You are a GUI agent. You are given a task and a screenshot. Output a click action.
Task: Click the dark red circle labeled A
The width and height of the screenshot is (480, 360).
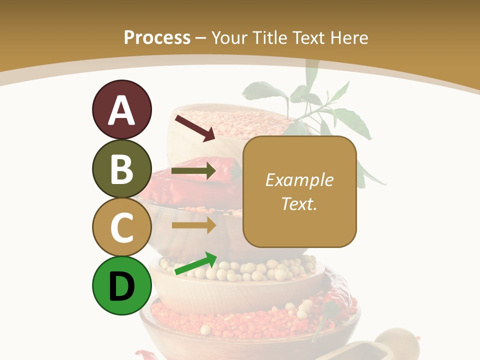tap(121, 110)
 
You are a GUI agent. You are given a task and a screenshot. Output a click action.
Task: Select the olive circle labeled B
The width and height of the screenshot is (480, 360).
tap(121, 168)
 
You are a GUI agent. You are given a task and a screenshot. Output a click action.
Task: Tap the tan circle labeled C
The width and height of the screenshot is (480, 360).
tap(121, 227)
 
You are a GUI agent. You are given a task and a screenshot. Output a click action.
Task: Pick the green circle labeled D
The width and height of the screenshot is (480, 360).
tap(121, 285)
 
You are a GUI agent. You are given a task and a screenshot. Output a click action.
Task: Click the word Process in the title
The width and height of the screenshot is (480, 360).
tap(157, 37)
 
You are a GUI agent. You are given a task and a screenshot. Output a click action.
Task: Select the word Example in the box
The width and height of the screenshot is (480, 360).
tap(299, 180)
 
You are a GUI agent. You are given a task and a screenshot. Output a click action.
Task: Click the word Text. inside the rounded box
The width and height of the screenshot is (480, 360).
tap(299, 203)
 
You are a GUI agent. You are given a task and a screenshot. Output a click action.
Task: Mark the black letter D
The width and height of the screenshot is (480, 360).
tap(121, 286)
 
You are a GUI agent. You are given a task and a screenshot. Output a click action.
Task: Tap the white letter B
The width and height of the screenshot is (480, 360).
tap(121, 169)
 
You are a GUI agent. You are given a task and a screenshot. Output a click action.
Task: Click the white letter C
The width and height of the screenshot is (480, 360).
tap(121, 227)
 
